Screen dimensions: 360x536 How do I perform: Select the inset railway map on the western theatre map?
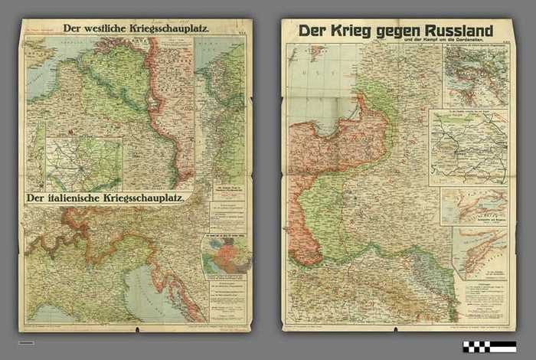coord(83,163)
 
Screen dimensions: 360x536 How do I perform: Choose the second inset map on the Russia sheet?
coord(468,147)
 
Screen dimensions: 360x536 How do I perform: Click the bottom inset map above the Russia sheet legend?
coord(479,252)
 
